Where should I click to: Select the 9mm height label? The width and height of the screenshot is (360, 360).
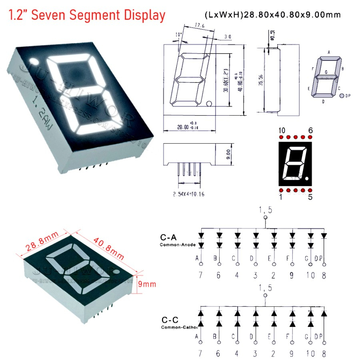coord(147,284)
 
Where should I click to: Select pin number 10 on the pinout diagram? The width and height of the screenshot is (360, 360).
coord(282,130)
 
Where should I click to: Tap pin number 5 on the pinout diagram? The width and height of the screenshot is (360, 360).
coord(310,196)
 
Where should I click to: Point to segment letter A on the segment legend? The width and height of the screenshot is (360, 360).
coord(328,52)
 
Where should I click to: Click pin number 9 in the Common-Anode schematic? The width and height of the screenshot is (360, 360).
coord(292,275)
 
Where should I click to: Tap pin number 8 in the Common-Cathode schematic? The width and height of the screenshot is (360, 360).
coord(324,353)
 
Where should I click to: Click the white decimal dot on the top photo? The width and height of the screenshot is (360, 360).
coord(33,62)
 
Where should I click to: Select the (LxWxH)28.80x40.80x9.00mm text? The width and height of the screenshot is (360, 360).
coord(272,15)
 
